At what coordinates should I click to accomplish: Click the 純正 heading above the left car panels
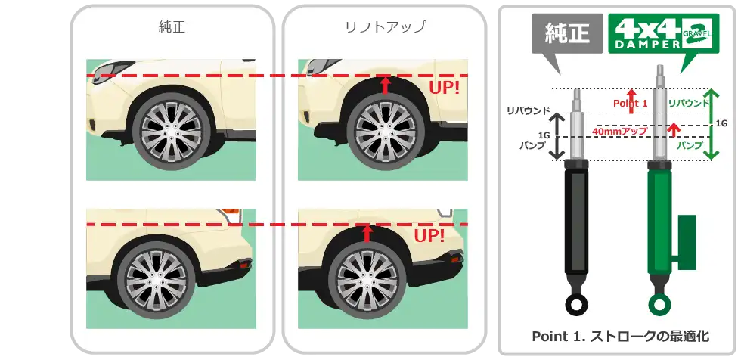[172, 29]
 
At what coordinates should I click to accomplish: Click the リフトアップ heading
[384, 29]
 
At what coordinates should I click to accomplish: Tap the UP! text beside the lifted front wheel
[445, 87]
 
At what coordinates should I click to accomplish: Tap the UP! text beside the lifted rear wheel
[429, 237]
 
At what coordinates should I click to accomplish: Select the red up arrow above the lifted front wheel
[384, 84]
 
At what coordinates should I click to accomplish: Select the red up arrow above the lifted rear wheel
[367, 232]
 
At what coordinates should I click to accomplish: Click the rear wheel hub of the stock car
[156, 275]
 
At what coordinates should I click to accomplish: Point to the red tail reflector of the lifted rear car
[457, 260]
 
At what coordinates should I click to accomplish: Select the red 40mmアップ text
[619, 132]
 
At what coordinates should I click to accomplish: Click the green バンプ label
[689, 144]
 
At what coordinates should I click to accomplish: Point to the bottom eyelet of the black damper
[575, 305]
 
